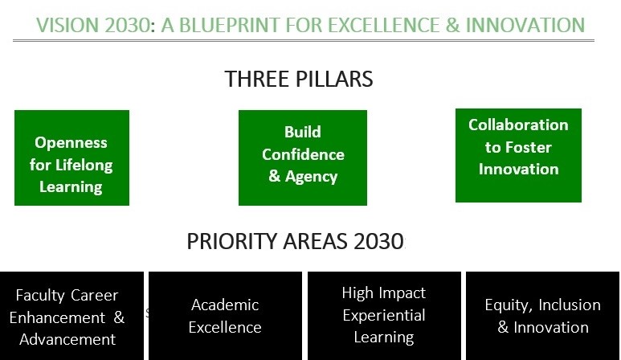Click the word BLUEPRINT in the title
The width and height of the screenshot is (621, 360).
pyautogui.click(x=230, y=25)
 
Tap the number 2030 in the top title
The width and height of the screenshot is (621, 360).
pyautogui.click(x=128, y=25)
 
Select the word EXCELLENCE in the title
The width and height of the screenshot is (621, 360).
pyautogui.click(x=383, y=25)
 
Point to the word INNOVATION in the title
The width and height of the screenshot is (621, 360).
pyautogui.click(x=525, y=25)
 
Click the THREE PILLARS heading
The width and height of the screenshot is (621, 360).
pyautogui.click(x=299, y=79)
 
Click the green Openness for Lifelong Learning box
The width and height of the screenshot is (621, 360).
pyautogui.click(x=71, y=157)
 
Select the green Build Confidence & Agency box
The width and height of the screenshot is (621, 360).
pyautogui.click(x=303, y=157)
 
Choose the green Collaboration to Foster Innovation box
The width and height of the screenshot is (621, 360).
pyautogui.click(x=518, y=155)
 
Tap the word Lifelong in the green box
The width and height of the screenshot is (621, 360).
pyautogui.click(x=84, y=166)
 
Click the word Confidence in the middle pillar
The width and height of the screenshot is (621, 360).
pyautogui.click(x=303, y=154)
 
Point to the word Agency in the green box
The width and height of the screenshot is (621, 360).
pyautogui.click(x=311, y=177)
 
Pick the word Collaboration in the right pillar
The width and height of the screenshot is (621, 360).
pyautogui.click(x=518, y=125)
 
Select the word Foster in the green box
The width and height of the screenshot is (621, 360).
pyautogui.click(x=529, y=147)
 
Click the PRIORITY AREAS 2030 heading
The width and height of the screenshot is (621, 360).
pyautogui.click(x=296, y=241)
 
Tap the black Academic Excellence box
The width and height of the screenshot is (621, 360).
pyautogui.click(x=226, y=316)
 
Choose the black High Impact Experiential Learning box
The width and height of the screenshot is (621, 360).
pyautogui.click(x=384, y=316)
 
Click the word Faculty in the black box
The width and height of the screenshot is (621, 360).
pyautogui.click(x=40, y=296)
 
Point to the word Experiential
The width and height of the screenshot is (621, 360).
pyautogui.click(x=384, y=316)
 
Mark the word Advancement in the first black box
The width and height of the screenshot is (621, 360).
pyautogui.click(x=67, y=339)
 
